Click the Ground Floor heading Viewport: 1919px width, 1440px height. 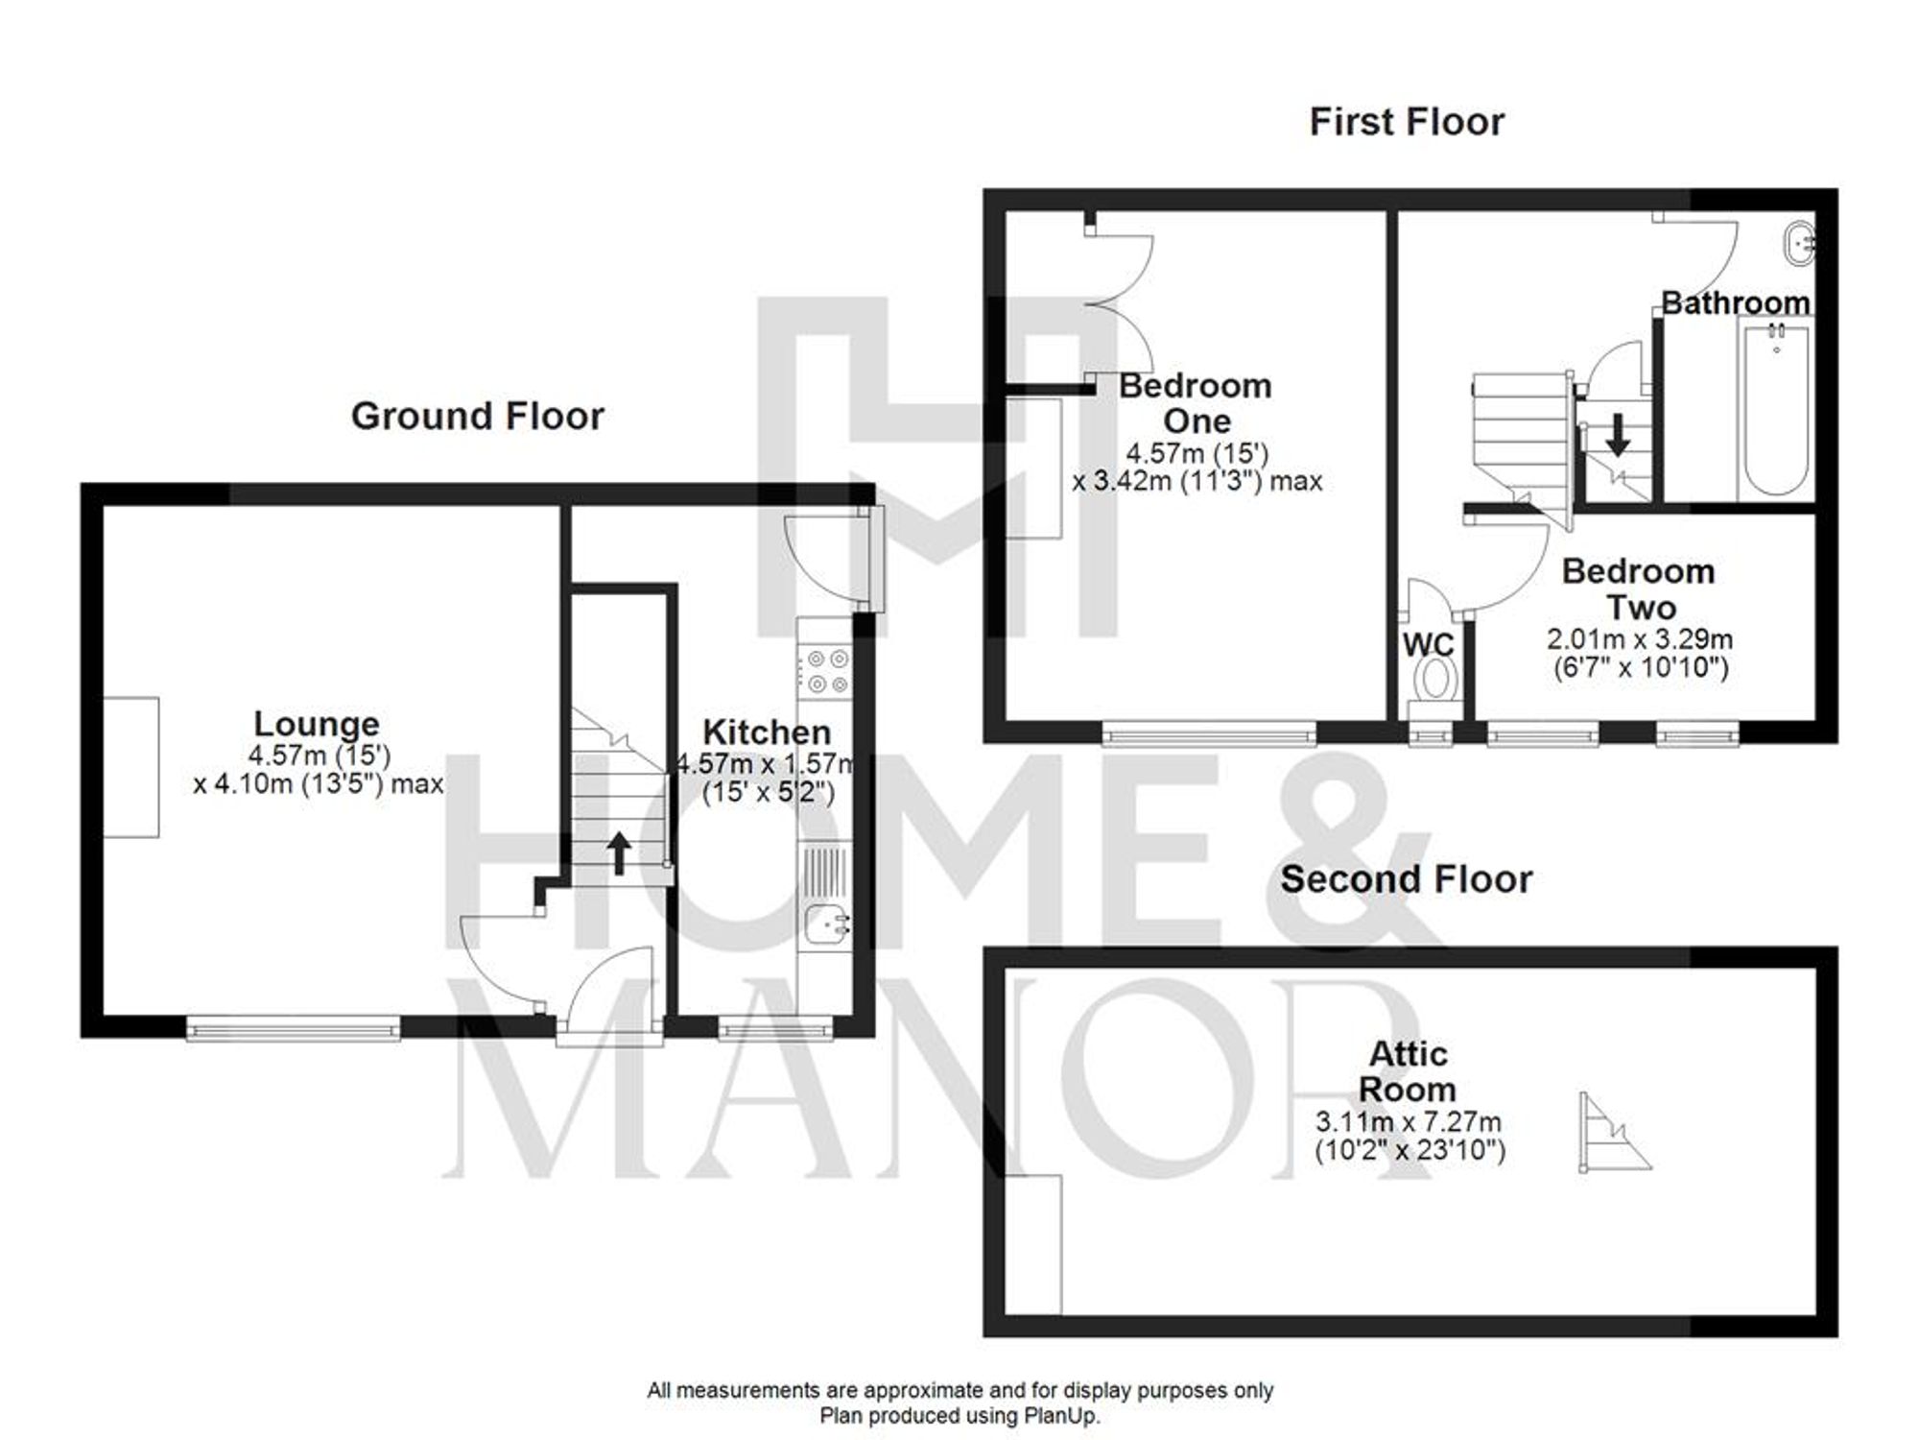click(x=477, y=417)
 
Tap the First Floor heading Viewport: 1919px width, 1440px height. click(x=1407, y=122)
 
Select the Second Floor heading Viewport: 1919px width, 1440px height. click(x=1407, y=879)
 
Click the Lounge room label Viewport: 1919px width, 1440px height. click(x=317, y=723)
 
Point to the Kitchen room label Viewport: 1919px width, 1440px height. click(x=767, y=732)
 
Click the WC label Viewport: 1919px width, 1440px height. click(x=1428, y=644)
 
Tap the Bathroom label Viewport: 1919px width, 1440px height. click(x=1735, y=303)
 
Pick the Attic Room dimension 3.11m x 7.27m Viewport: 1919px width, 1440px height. click(x=1408, y=1121)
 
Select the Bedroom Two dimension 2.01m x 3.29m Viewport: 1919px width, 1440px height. click(x=1640, y=638)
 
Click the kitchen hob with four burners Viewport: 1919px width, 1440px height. click(x=827, y=671)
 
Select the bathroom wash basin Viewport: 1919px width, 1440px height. click(x=1798, y=241)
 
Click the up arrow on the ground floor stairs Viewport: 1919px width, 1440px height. click(x=619, y=852)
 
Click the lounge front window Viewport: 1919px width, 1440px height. click(x=294, y=1028)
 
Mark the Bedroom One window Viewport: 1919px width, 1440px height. click(x=1209, y=734)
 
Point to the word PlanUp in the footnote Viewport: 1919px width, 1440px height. click(x=1060, y=1416)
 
